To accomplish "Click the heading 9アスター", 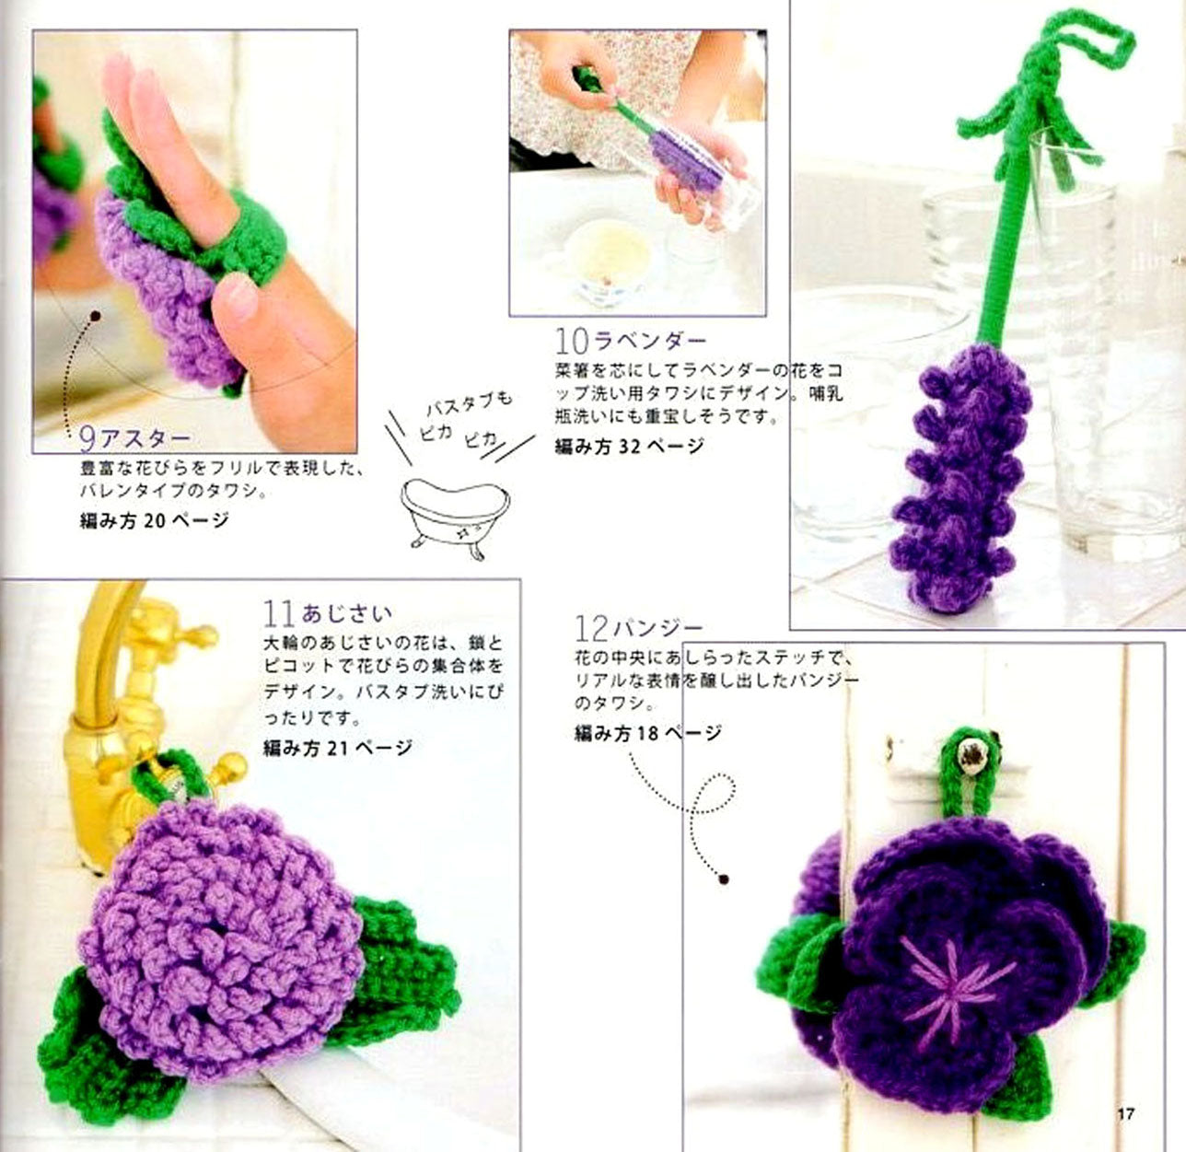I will pos(134,439).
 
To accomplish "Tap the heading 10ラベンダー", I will pos(631,341).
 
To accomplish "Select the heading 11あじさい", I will pos(328,612).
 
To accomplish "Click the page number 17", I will pos(1124,1114).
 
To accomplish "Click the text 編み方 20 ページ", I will pos(154,521).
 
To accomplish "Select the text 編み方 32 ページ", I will pos(629,447).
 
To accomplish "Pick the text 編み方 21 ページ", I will pos(337,748).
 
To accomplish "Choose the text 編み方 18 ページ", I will pos(648,734).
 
